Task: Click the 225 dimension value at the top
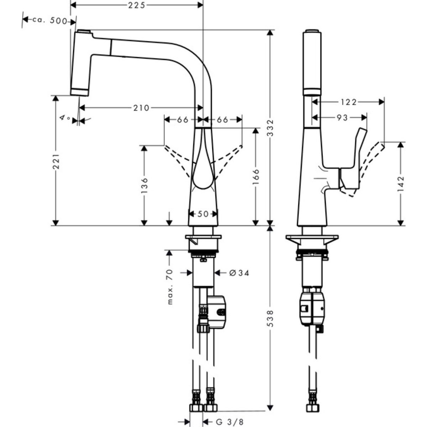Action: coord(137,5)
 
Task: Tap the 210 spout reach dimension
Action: coord(141,107)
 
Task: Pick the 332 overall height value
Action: coord(272,127)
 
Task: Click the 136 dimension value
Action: coord(144,185)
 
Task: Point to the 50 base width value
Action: coord(202,213)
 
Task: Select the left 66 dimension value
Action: coord(183,120)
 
